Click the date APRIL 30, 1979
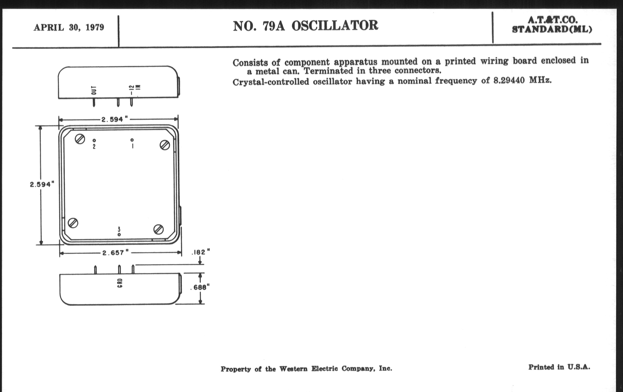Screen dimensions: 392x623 click(69, 27)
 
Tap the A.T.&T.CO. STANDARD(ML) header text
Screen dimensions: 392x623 click(552, 25)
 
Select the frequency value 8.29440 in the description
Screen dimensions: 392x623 click(509, 80)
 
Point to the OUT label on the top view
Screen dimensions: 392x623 click(94, 90)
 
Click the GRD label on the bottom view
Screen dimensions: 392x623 click(120, 283)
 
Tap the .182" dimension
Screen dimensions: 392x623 click(201, 252)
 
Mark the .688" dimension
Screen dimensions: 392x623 click(200, 287)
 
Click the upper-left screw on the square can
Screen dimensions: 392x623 click(80, 139)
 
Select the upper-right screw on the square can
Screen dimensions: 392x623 click(165, 145)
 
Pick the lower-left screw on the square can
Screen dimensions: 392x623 click(73, 223)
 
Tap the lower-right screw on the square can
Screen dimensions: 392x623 click(158, 229)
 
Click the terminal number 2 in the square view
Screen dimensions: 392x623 click(94, 147)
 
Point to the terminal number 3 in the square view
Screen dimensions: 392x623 click(119, 229)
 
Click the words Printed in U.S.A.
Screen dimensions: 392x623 click(559, 367)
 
